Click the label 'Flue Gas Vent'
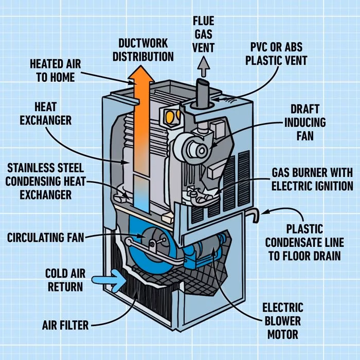[204, 35]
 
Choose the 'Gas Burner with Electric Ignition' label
[313, 179]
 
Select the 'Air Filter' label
[65, 325]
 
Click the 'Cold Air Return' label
[64, 279]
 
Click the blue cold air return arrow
[110, 280]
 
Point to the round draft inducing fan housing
[194, 146]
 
